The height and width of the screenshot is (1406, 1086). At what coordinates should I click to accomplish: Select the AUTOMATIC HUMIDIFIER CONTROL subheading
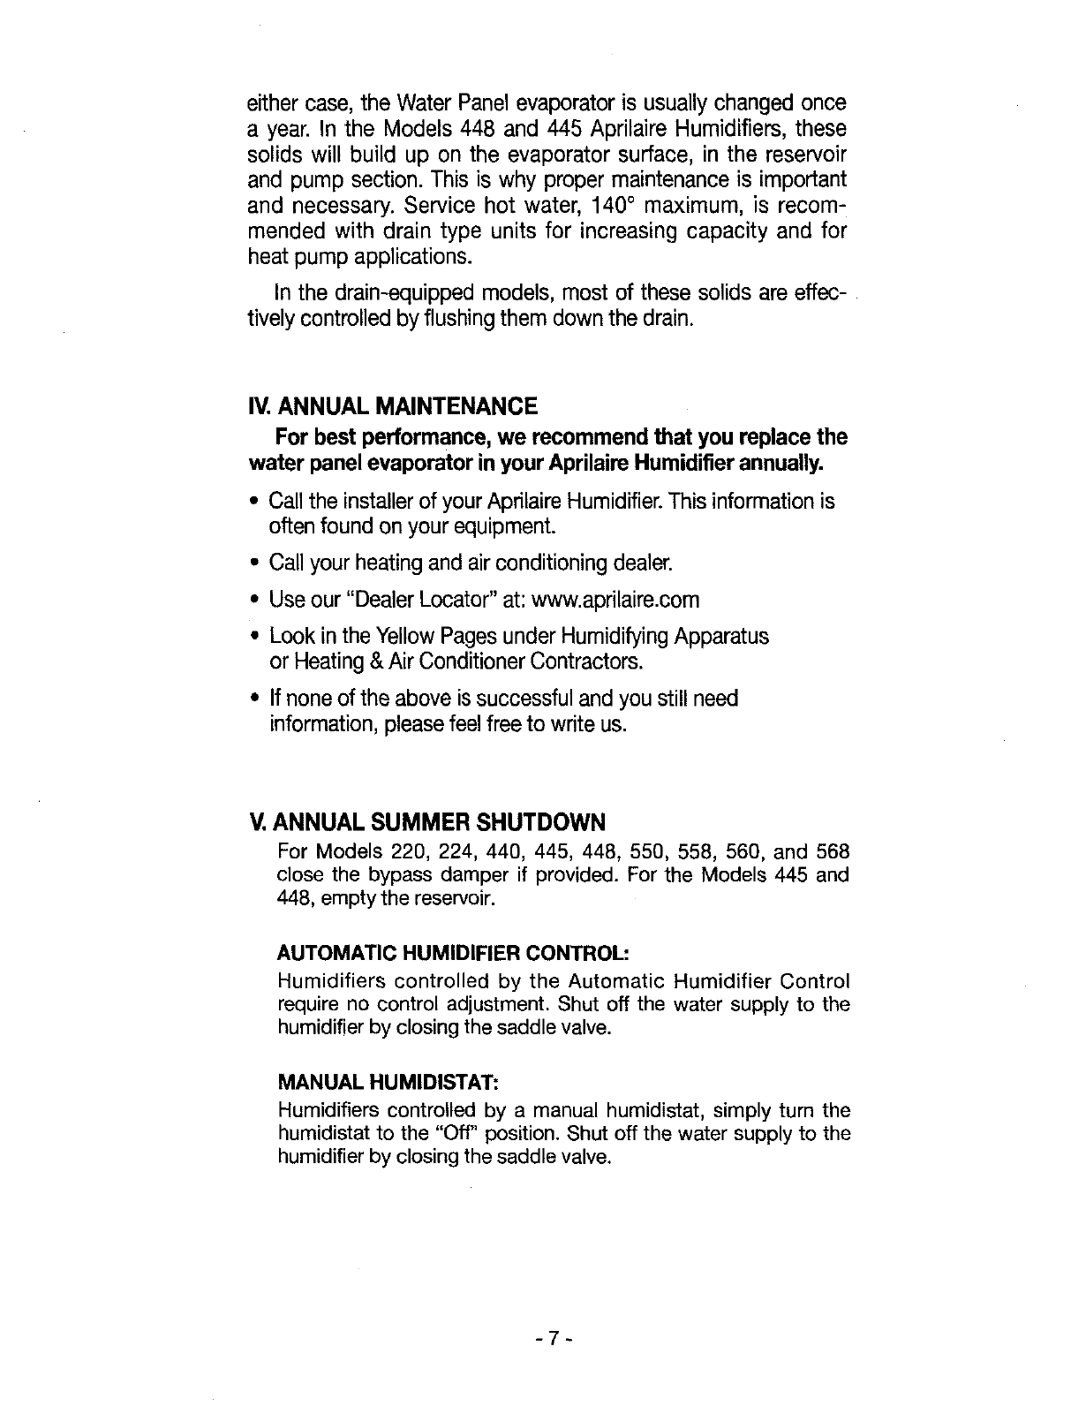click(453, 954)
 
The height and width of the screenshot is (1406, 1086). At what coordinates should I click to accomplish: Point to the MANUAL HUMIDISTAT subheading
click(389, 1082)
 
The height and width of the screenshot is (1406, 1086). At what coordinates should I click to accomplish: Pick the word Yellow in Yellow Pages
click(409, 637)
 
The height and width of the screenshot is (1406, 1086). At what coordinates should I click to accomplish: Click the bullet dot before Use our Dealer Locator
click(253, 601)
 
